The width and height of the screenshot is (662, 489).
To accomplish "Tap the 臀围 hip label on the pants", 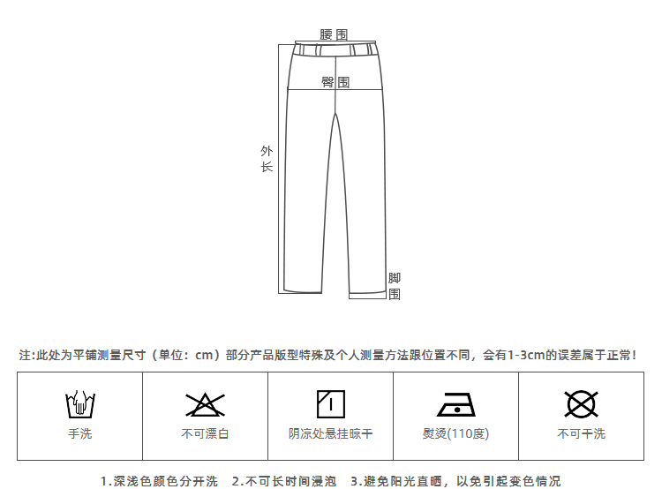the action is [x=335, y=82].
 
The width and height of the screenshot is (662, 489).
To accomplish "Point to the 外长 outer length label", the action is [x=267, y=159].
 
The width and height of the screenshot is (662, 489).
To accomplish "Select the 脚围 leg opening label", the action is [x=395, y=286].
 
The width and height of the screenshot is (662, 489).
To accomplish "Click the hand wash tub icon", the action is [x=79, y=405].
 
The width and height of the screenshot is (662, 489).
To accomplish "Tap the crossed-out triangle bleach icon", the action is [x=205, y=405].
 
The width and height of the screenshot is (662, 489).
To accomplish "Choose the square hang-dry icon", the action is [x=330, y=404].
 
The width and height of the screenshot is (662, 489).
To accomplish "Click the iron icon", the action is [x=455, y=405].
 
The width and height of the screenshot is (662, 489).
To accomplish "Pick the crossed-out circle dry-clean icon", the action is [x=581, y=404].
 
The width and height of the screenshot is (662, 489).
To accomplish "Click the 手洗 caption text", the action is [x=79, y=433].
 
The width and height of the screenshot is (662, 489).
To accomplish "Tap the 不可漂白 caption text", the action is [x=205, y=433].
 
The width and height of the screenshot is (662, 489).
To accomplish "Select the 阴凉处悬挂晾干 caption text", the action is [x=330, y=433].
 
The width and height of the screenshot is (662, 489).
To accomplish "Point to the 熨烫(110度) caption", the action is [x=455, y=433].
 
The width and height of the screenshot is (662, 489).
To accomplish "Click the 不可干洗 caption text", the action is [x=581, y=433].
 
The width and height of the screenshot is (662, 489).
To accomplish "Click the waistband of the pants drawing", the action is [x=336, y=49].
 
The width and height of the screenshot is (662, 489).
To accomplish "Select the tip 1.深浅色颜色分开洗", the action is [x=159, y=481].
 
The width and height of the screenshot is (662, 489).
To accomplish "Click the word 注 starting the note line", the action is [x=24, y=355].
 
